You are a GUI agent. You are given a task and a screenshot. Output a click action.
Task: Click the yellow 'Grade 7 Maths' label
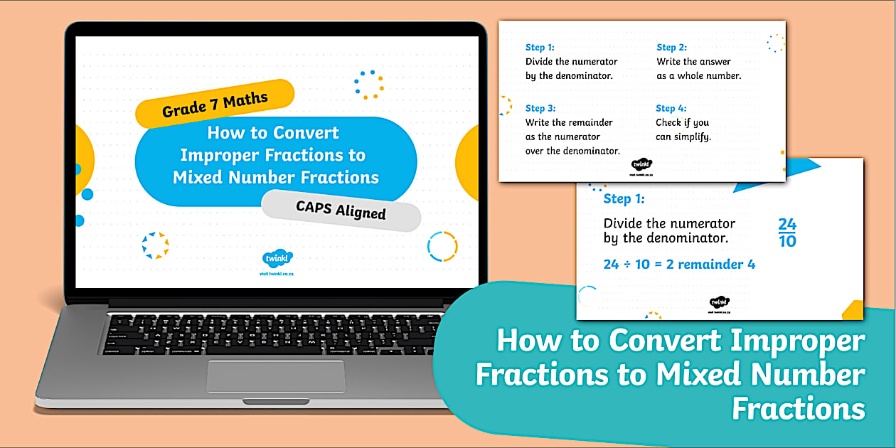tap(215, 102)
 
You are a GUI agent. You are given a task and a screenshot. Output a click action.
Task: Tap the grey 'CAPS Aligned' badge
tap(341, 210)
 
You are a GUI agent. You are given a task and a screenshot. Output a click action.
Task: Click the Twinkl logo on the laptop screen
tap(277, 259)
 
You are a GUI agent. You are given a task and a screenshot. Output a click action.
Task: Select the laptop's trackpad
tap(276, 375)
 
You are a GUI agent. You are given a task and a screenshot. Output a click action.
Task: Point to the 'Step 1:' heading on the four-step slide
tap(540, 48)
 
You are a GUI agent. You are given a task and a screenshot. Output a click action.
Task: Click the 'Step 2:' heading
tap(671, 48)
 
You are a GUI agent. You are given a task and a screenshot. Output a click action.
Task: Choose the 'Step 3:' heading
tap(540, 108)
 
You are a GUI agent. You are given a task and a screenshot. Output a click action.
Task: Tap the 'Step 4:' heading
tap(671, 108)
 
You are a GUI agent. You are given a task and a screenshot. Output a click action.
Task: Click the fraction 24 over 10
tap(787, 233)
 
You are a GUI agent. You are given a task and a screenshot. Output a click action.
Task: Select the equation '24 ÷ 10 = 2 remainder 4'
tap(679, 265)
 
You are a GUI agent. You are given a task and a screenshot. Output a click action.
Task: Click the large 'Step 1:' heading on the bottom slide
tap(624, 199)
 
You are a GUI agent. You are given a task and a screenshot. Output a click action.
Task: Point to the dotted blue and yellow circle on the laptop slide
tap(369, 85)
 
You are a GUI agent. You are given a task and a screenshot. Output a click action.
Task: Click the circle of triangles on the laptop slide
tap(155, 245)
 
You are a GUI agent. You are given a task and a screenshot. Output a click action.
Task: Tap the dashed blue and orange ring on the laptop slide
tap(442, 246)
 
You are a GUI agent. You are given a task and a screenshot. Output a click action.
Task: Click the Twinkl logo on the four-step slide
tap(641, 165)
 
